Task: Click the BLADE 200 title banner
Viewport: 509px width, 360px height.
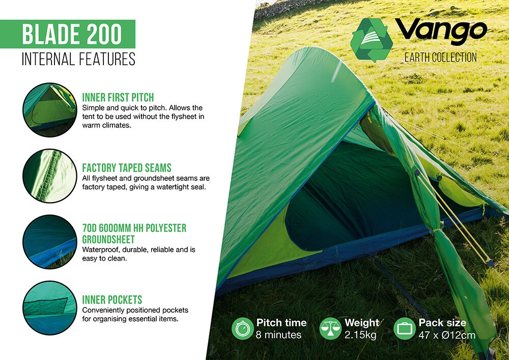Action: click(x=71, y=34)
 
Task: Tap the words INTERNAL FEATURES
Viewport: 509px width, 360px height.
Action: click(x=78, y=59)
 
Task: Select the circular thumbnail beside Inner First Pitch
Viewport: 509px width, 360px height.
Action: click(x=49, y=107)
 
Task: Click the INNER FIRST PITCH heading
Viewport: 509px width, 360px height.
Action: click(x=118, y=97)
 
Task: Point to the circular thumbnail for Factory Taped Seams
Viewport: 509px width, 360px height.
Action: click(x=49, y=176)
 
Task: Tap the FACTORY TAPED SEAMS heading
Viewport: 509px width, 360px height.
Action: click(x=127, y=168)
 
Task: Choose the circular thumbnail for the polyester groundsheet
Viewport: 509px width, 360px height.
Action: click(x=49, y=242)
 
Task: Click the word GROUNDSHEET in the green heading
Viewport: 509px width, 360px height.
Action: click(x=108, y=239)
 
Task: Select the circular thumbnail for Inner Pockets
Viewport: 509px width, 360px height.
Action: click(x=49, y=308)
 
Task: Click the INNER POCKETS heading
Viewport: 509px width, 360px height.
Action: click(x=112, y=299)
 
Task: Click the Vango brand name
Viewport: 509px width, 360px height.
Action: click(x=441, y=32)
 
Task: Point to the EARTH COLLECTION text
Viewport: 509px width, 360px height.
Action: click(x=440, y=57)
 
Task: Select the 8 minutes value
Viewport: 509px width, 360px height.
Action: click(x=279, y=335)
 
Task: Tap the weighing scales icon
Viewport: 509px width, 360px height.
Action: click(x=330, y=328)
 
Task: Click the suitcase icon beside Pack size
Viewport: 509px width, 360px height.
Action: click(x=405, y=328)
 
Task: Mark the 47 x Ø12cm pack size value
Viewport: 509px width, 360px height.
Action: click(x=447, y=335)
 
